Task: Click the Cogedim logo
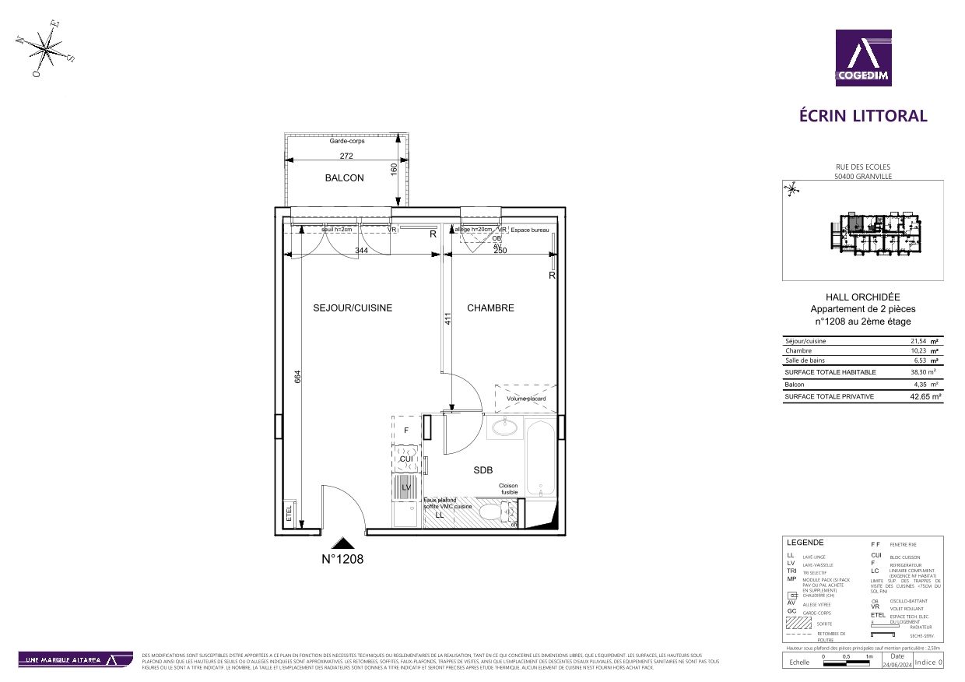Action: (x=863, y=58)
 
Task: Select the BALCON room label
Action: (x=344, y=178)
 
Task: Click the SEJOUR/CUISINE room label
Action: (x=353, y=308)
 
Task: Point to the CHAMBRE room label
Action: (x=490, y=308)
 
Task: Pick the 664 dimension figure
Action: (x=297, y=376)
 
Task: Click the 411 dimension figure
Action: (x=448, y=318)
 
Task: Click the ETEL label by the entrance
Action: (x=289, y=515)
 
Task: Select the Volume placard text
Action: (x=526, y=399)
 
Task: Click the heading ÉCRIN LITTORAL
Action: (x=863, y=116)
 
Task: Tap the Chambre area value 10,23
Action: (x=919, y=351)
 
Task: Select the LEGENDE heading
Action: (x=805, y=543)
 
